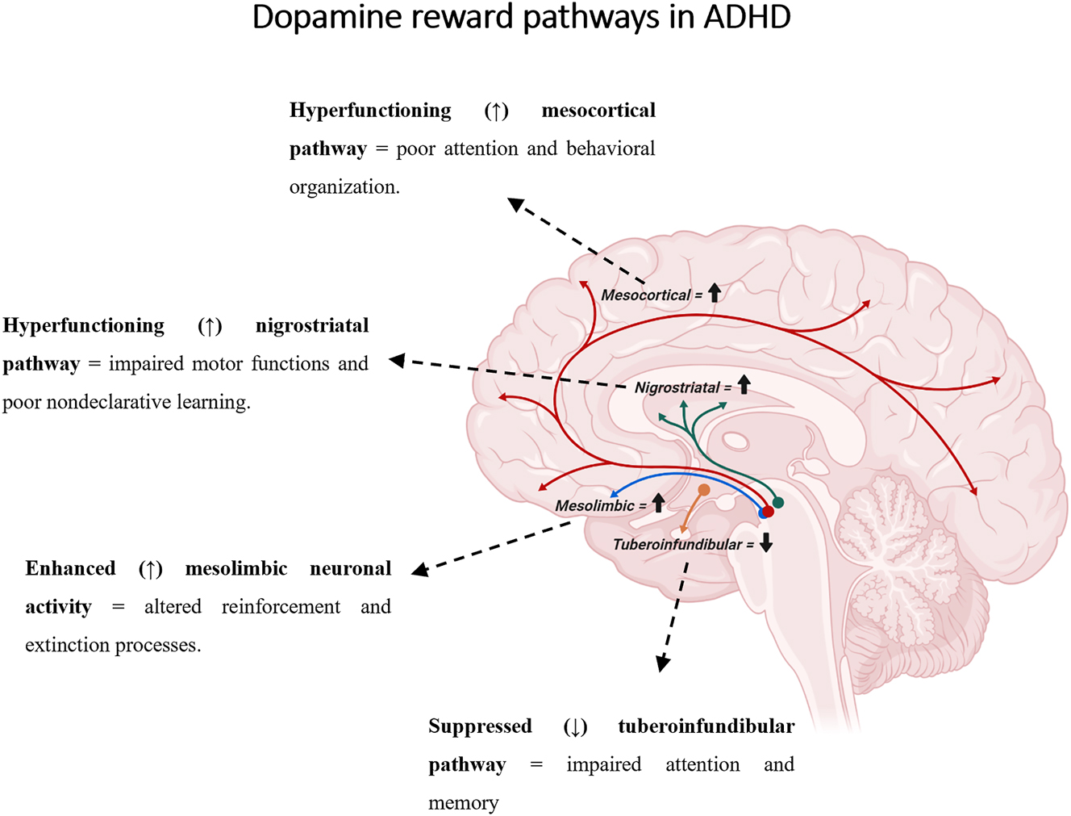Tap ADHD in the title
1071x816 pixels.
747,18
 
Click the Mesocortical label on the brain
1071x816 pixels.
645,295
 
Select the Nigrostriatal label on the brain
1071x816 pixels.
677,387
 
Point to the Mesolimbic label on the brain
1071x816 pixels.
594,506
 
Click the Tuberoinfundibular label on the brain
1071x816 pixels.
677,545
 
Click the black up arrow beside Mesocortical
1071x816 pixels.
715,293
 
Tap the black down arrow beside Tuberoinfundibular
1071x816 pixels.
766,542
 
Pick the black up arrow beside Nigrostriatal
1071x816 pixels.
744,385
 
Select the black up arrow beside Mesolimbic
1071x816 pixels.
658,503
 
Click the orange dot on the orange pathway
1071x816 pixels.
704,490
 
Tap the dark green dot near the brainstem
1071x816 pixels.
778,502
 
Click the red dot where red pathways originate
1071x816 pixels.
769,512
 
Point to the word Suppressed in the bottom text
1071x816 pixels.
480,726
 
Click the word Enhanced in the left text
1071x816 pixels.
70,569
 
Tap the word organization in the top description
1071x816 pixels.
344,187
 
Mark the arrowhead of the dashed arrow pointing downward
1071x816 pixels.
663,664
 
